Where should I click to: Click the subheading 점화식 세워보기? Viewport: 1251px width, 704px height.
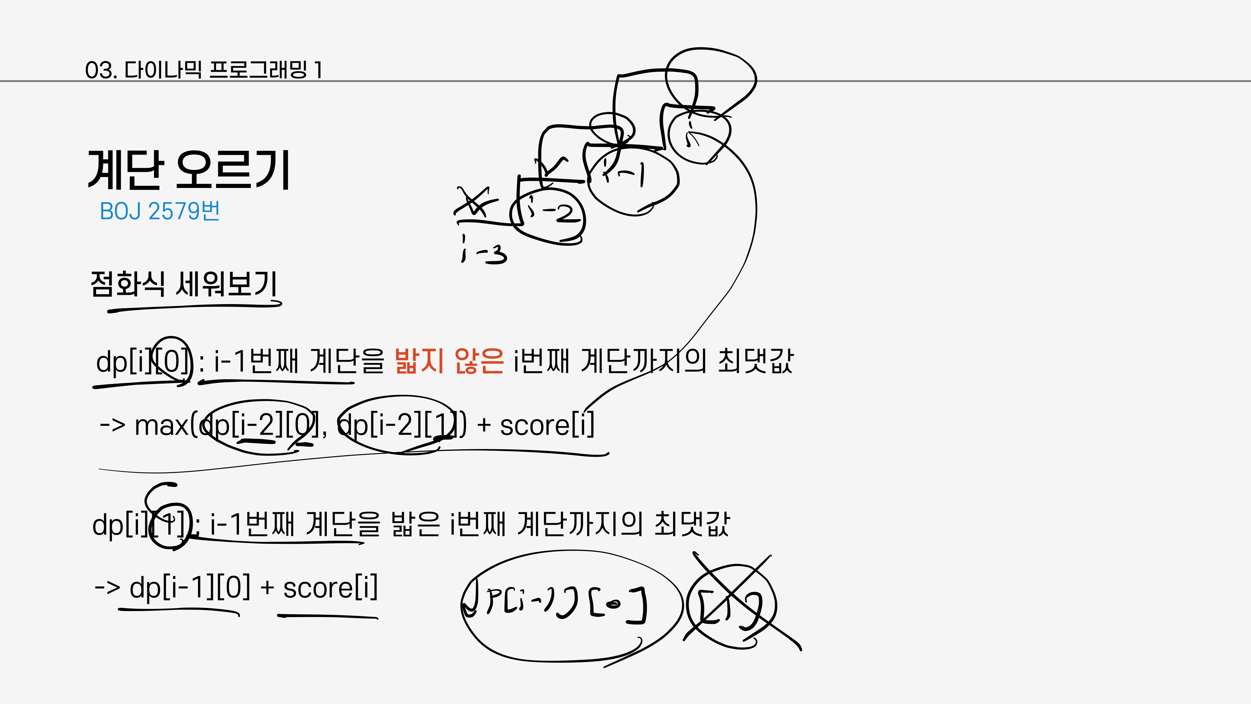point(184,284)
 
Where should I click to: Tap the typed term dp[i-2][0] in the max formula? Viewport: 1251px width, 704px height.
point(260,425)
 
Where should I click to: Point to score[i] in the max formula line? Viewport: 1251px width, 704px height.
point(547,425)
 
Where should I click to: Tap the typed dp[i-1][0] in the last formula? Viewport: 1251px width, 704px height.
point(190,588)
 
